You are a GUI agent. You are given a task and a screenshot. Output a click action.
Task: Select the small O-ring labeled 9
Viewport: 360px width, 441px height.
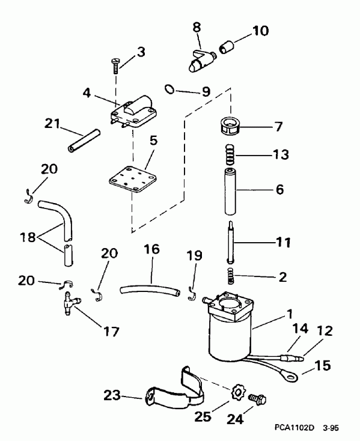(170, 90)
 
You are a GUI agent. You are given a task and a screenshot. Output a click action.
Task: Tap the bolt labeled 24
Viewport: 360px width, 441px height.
(258, 398)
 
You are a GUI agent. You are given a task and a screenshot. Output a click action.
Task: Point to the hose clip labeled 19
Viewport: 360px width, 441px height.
(191, 293)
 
